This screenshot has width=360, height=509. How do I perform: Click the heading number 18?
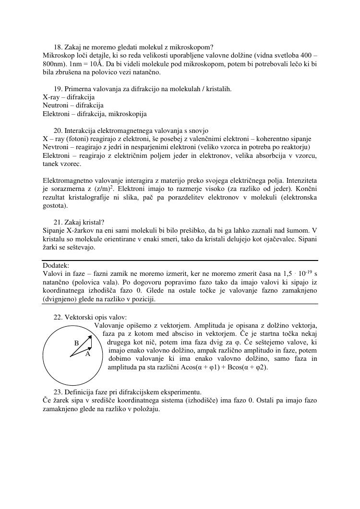pos(58,47)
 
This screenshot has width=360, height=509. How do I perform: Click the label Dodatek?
pos(56,265)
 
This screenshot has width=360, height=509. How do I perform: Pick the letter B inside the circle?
pos(76,343)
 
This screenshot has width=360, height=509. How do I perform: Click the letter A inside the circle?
pos(88,354)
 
